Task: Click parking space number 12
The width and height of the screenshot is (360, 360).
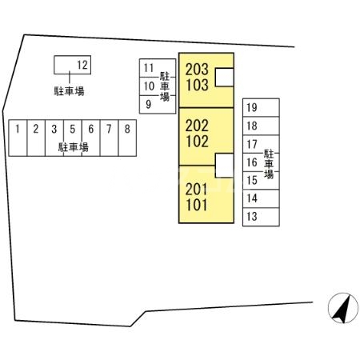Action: [72, 65]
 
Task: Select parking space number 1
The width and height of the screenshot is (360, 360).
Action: [18, 138]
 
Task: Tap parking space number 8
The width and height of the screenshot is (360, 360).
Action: [127, 138]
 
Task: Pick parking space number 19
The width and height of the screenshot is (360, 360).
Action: [261, 107]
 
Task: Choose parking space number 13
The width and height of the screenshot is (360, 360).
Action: [261, 217]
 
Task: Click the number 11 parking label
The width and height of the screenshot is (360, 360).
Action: [149, 68]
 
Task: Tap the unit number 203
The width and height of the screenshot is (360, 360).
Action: [197, 70]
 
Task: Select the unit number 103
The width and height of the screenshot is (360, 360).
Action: [197, 85]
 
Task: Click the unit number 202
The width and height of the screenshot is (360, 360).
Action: [197, 126]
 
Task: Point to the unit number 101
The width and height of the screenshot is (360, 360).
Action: [197, 205]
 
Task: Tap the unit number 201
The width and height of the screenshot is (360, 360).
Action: [197, 190]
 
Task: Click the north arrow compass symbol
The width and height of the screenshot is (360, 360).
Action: [343, 308]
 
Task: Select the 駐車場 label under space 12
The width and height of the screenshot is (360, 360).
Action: [69, 91]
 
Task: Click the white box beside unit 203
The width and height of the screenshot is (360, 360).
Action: [224, 78]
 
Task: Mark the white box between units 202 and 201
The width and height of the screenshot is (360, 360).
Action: [224, 166]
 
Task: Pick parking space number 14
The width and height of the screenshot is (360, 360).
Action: [261, 198]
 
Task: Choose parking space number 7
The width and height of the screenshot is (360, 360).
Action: [109, 138]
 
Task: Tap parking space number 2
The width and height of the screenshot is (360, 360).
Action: [36, 138]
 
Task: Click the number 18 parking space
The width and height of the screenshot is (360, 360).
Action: [261, 126]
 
